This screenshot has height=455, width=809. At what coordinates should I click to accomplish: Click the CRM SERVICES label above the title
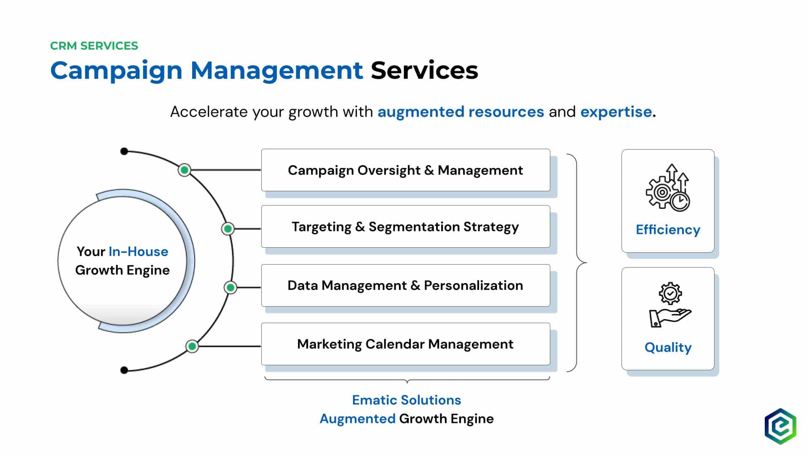[x=94, y=45]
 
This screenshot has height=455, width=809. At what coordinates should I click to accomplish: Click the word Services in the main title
[x=424, y=70]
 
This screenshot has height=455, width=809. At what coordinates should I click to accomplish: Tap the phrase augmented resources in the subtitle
[x=461, y=112]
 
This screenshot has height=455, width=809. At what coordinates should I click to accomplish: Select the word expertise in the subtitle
[x=616, y=112]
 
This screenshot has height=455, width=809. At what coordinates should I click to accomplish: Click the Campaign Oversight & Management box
[x=405, y=170]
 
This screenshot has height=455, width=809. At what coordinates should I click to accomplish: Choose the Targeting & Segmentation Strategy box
[x=405, y=227]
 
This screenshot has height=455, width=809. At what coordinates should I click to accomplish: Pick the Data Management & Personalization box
[x=405, y=285]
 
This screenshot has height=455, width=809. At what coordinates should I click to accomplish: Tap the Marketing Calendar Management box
[x=405, y=344]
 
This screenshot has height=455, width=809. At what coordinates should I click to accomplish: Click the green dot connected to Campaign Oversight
[x=184, y=170]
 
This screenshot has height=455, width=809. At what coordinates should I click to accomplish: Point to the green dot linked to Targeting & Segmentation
[x=228, y=228]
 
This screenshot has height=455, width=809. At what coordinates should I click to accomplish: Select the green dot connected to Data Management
[x=230, y=287]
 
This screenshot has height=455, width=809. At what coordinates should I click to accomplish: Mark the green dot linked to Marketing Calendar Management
[x=192, y=346]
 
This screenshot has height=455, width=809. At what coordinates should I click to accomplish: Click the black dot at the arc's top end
[x=124, y=151]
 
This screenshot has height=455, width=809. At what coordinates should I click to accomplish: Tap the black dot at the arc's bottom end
[x=124, y=370]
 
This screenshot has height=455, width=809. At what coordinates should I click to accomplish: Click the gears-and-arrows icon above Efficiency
[x=668, y=187]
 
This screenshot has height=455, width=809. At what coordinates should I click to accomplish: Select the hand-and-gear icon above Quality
[x=670, y=305]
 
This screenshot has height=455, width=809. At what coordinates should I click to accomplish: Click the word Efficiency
[x=668, y=230]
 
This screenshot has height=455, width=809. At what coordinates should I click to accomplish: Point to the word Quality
[x=668, y=348]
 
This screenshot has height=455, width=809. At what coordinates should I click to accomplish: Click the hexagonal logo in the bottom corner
[x=780, y=426]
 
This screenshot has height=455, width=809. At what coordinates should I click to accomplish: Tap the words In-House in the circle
[x=138, y=252]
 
